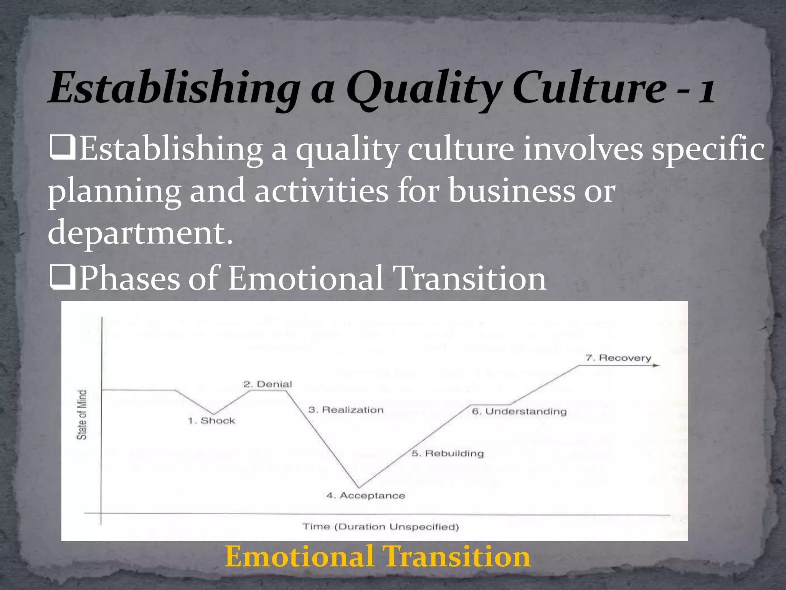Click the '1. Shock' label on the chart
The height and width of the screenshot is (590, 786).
[x=211, y=421]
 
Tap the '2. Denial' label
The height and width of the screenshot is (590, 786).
[x=268, y=384]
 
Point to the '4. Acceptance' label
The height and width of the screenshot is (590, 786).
[x=366, y=496]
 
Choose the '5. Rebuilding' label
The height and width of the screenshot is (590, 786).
[x=448, y=454]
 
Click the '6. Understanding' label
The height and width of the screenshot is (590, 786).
[x=519, y=411]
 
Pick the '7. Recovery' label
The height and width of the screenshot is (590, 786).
[x=618, y=358]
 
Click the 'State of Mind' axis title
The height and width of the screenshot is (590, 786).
[x=82, y=414]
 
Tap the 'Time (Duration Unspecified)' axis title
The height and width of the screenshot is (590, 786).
[x=381, y=527]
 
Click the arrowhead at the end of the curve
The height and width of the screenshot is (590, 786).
[x=657, y=365]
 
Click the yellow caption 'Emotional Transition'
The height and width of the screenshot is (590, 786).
[x=378, y=557]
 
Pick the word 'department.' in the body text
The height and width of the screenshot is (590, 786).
[x=140, y=233]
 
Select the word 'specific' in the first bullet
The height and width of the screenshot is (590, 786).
[x=708, y=150]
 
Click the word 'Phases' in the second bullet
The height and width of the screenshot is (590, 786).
[x=129, y=278]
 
